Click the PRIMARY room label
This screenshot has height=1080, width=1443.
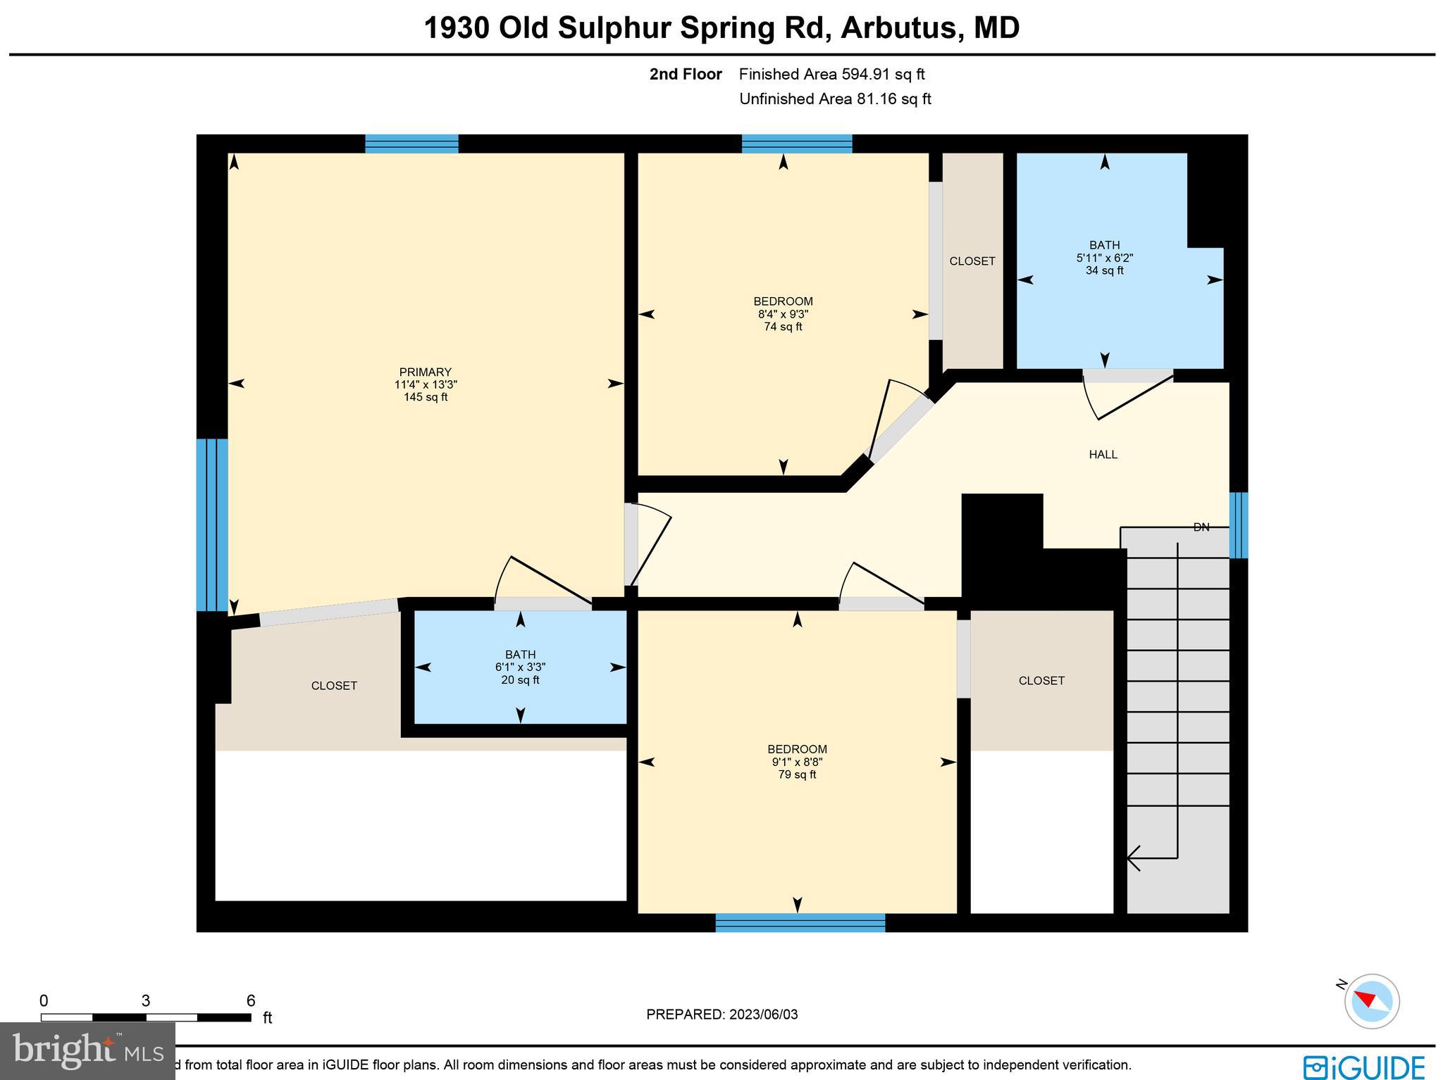click(425, 372)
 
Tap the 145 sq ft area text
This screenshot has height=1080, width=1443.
click(425, 397)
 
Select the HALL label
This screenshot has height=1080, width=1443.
click(1103, 455)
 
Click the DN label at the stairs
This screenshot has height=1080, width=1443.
click(1201, 527)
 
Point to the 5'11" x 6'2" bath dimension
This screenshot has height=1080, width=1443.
click(1104, 258)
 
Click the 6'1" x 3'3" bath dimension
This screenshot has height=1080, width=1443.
click(520, 667)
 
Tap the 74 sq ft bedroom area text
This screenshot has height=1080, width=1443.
click(783, 327)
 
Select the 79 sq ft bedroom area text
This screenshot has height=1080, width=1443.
click(797, 774)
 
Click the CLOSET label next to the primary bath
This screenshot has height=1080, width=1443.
click(334, 686)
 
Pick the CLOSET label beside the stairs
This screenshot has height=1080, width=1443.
click(1041, 681)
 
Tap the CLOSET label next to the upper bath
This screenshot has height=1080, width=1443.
click(972, 261)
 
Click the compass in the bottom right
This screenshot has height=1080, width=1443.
click(1371, 1001)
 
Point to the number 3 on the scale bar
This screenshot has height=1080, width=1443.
click(146, 1001)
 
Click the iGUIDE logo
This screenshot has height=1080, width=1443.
click(1363, 1067)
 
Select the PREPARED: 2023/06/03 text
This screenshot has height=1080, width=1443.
click(721, 1015)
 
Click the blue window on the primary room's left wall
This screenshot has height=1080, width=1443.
click(211, 525)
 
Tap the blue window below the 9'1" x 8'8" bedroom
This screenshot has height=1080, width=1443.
click(800, 922)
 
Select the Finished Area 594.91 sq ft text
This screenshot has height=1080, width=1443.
click(831, 74)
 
